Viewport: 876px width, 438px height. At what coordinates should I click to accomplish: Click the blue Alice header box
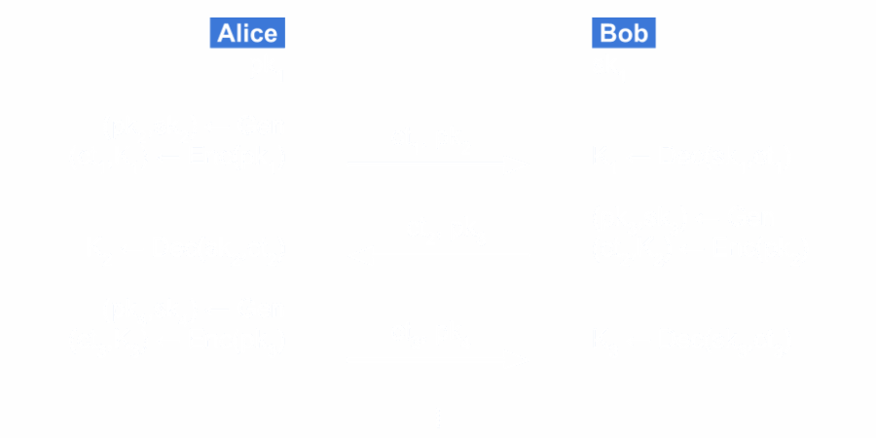247,33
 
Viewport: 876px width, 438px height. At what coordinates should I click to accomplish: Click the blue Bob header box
624,33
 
